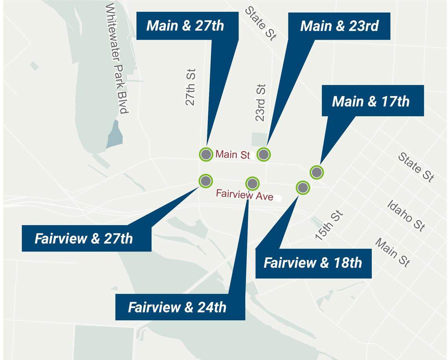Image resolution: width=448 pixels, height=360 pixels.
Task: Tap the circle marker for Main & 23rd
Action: point(264,154)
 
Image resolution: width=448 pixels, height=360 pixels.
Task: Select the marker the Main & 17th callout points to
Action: point(316,172)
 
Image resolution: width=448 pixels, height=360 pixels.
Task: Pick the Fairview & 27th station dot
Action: point(206,181)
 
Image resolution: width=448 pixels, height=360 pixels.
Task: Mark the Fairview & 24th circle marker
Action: point(252,183)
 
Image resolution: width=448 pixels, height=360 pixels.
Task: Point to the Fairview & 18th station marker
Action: point(302,187)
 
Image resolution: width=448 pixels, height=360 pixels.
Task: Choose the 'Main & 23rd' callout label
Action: point(339,26)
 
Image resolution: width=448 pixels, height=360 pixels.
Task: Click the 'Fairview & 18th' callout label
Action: point(313,263)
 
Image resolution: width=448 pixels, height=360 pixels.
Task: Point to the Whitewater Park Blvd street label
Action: point(117,59)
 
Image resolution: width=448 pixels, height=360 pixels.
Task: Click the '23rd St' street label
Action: point(260,103)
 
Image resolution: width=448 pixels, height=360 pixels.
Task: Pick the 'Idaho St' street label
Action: point(406,215)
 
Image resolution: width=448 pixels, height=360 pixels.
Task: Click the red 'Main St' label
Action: point(232,154)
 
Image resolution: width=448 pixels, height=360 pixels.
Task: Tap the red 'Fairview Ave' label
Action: point(244,195)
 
